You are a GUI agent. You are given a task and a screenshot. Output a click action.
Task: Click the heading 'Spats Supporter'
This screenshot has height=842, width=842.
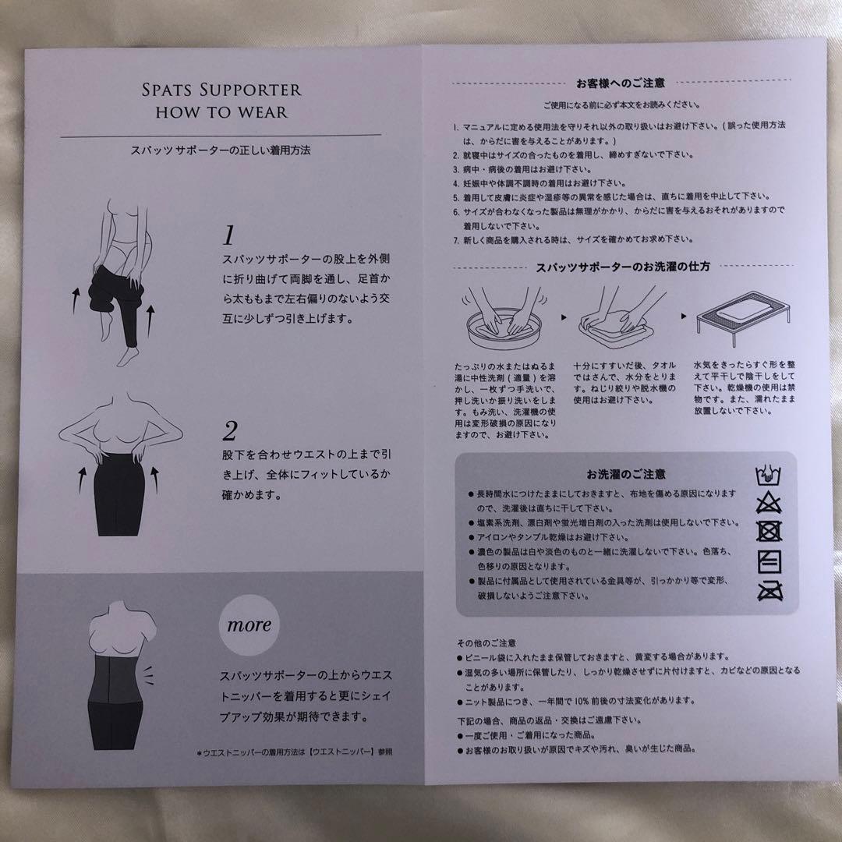coord(221,90)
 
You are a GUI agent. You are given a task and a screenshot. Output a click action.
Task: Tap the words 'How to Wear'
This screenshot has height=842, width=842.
coord(221,112)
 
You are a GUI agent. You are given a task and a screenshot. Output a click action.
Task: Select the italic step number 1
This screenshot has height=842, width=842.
coord(229,235)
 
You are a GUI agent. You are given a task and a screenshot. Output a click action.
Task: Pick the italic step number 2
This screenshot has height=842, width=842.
coord(230,430)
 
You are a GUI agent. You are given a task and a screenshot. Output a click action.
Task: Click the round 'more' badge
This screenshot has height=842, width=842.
coord(249,625)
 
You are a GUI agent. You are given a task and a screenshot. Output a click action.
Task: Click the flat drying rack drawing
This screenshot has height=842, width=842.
coord(744,319)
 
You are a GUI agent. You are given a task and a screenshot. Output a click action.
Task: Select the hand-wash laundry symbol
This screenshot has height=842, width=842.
coord(769,475)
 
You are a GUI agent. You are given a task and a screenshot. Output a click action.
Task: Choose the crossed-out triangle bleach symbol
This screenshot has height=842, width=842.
coord(769,503)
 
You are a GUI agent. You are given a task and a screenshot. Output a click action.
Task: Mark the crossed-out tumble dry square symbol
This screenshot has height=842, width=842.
coord(769,531)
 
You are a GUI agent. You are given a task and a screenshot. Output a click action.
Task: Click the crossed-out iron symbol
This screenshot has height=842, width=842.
coord(770,591)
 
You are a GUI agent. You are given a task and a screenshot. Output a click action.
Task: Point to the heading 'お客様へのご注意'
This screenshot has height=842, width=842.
coord(621,83)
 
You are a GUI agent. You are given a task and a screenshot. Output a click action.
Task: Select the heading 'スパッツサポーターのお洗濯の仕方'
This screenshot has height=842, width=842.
coord(623,267)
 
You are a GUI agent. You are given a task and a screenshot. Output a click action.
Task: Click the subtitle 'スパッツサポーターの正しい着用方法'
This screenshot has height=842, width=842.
coord(221,150)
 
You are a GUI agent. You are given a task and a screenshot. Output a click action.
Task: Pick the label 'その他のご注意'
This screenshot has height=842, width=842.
coord(486,642)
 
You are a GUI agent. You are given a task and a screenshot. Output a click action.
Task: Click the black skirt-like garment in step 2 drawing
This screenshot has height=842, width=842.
coord(119,495)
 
